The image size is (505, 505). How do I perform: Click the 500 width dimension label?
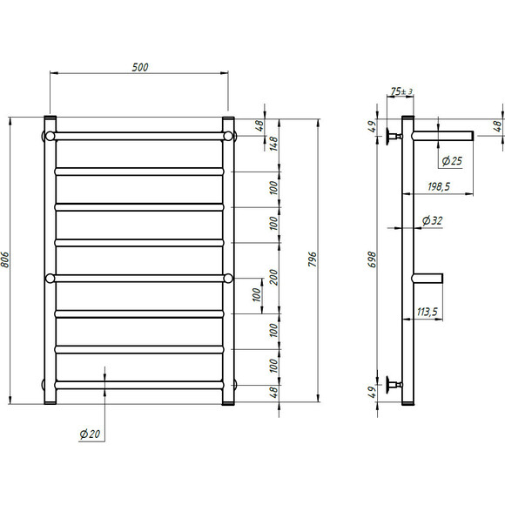[x=140, y=67]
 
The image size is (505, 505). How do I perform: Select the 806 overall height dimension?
[x=5, y=259]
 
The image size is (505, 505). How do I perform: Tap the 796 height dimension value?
[x=313, y=259]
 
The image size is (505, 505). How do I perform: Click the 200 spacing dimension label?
[x=273, y=277]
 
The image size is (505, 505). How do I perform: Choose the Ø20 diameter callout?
[x=90, y=434]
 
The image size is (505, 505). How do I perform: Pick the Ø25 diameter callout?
[x=452, y=161]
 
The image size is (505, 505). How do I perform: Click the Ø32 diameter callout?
[x=432, y=220]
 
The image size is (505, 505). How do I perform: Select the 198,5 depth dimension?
[x=439, y=186]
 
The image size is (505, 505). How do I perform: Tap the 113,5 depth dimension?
[x=428, y=312]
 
